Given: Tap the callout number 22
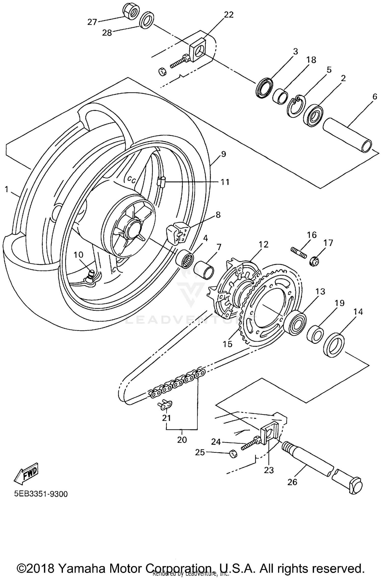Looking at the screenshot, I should [228, 15].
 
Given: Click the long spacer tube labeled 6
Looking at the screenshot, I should [348, 135].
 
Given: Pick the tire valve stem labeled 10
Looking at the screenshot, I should [90, 276].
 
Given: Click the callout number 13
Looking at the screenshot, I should [320, 291].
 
